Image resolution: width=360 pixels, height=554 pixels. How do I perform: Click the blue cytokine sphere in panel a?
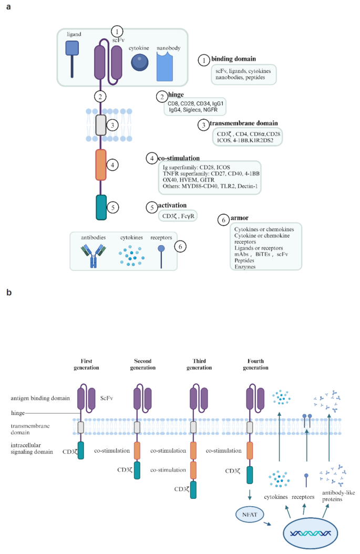139,62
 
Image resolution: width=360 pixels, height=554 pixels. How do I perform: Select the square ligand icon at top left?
72,49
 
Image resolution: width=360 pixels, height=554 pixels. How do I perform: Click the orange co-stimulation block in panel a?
101,165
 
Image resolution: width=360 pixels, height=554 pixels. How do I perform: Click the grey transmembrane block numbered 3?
101,124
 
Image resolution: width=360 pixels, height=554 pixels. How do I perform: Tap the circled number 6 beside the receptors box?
181,245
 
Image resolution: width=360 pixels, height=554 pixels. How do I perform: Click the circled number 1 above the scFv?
118,32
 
